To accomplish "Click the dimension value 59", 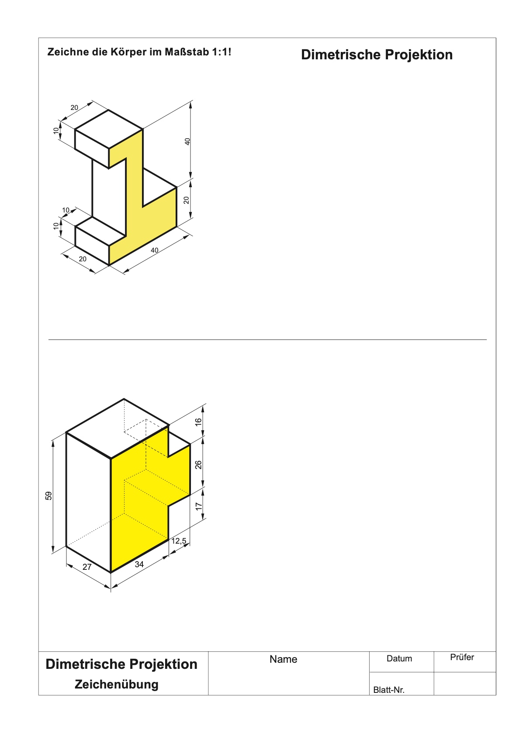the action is pyautogui.click(x=48, y=496).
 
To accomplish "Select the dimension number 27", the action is pyautogui.click(x=87, y=567).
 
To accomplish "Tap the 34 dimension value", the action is pyautogui.click(x=139, y=564).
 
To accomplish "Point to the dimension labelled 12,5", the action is pyautogui.click(x=179, y=541).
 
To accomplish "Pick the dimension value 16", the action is pyautogui.click(x=198, y=422).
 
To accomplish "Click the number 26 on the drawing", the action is pyautogui.click(x=198, y=465).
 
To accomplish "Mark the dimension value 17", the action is pyautogui.click(x=198, y=506).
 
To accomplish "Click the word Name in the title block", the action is pyautogui.click(x=284, y=659).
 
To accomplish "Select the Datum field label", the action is pyautogui.click(x=399, y=658).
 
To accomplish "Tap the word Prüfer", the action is pyautogui.click(x=462, y=657).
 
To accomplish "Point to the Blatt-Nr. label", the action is pyautogui.click(x=389, y=690).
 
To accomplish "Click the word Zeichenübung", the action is pyautogui.click(x=117, y=685).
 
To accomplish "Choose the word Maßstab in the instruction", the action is pyautogui.click(x=187, y=51).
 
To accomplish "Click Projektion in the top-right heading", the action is pyautogui.click(x=419, y=55).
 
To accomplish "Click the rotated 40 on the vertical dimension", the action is pyautogui.click(x=187, y=141).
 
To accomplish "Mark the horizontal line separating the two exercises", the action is pyautogui.click(x=267, y=339).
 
